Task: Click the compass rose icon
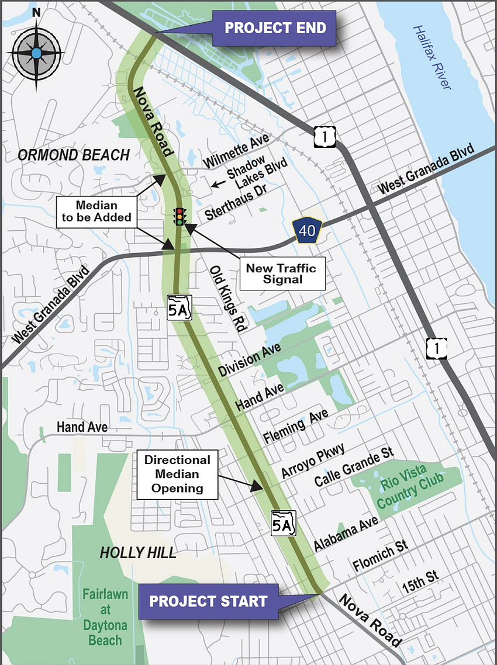coord(36,53)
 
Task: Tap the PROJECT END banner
coord(275,28)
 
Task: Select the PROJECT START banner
coord(208,601)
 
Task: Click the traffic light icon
coord(180,216)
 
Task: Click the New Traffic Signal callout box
coord(281,274)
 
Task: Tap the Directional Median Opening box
coord(177,474)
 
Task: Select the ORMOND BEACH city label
coord(73,155)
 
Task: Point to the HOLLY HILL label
coord(138,552)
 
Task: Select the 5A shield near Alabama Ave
coord(283,522)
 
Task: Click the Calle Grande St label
coord(354,467)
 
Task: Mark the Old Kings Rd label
coord(226,299)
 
